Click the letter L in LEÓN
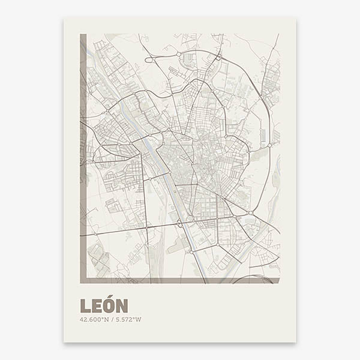[x=84, y=306]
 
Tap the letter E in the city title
[x=95, y=306]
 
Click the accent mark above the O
[x=108, y=298]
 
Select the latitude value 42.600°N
[x=93, y=319]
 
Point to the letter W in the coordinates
[x=139, y=319]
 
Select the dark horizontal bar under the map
[x=180, y=280]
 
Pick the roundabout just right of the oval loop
[x=179, y=55]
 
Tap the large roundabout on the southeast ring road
[x=250, y=212]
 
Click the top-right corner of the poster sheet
[x=295, y=17]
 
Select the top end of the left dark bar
[x=83, y=35]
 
